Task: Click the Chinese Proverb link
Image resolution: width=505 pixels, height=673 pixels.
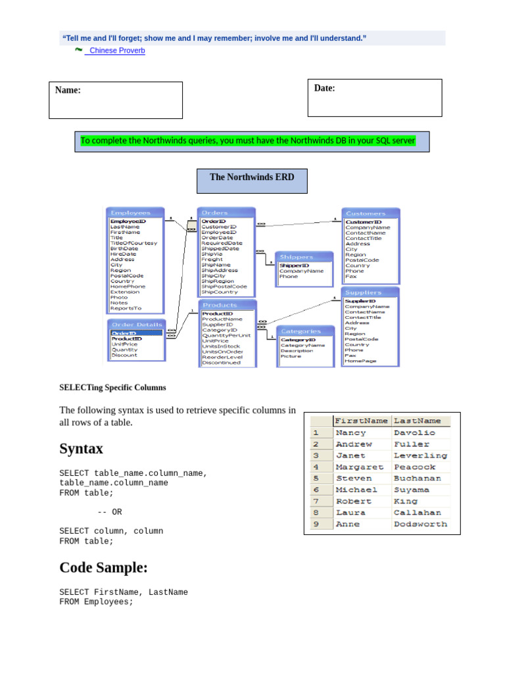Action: [x=116, y=51]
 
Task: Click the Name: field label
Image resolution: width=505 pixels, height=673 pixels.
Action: [x=68, y=91]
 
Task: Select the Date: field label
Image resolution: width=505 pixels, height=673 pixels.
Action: [x=325, y=88]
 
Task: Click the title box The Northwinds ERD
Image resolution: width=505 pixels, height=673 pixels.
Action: [x=252, y=177]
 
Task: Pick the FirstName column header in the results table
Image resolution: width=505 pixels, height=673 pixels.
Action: [x=361, y=421]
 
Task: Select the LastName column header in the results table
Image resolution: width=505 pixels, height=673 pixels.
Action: [x=418, y=421]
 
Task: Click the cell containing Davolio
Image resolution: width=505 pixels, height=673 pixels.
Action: [x=414, y=433]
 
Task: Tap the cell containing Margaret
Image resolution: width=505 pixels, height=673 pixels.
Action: [x=360, y=467]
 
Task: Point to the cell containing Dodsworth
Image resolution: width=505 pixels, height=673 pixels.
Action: [x=420, y=524]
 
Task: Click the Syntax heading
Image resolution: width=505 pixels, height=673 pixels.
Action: [x=82, y=449]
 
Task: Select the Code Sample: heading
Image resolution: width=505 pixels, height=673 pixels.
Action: [x=103, y=568]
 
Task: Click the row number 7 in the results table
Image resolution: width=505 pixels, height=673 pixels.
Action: [x=316, y=501]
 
